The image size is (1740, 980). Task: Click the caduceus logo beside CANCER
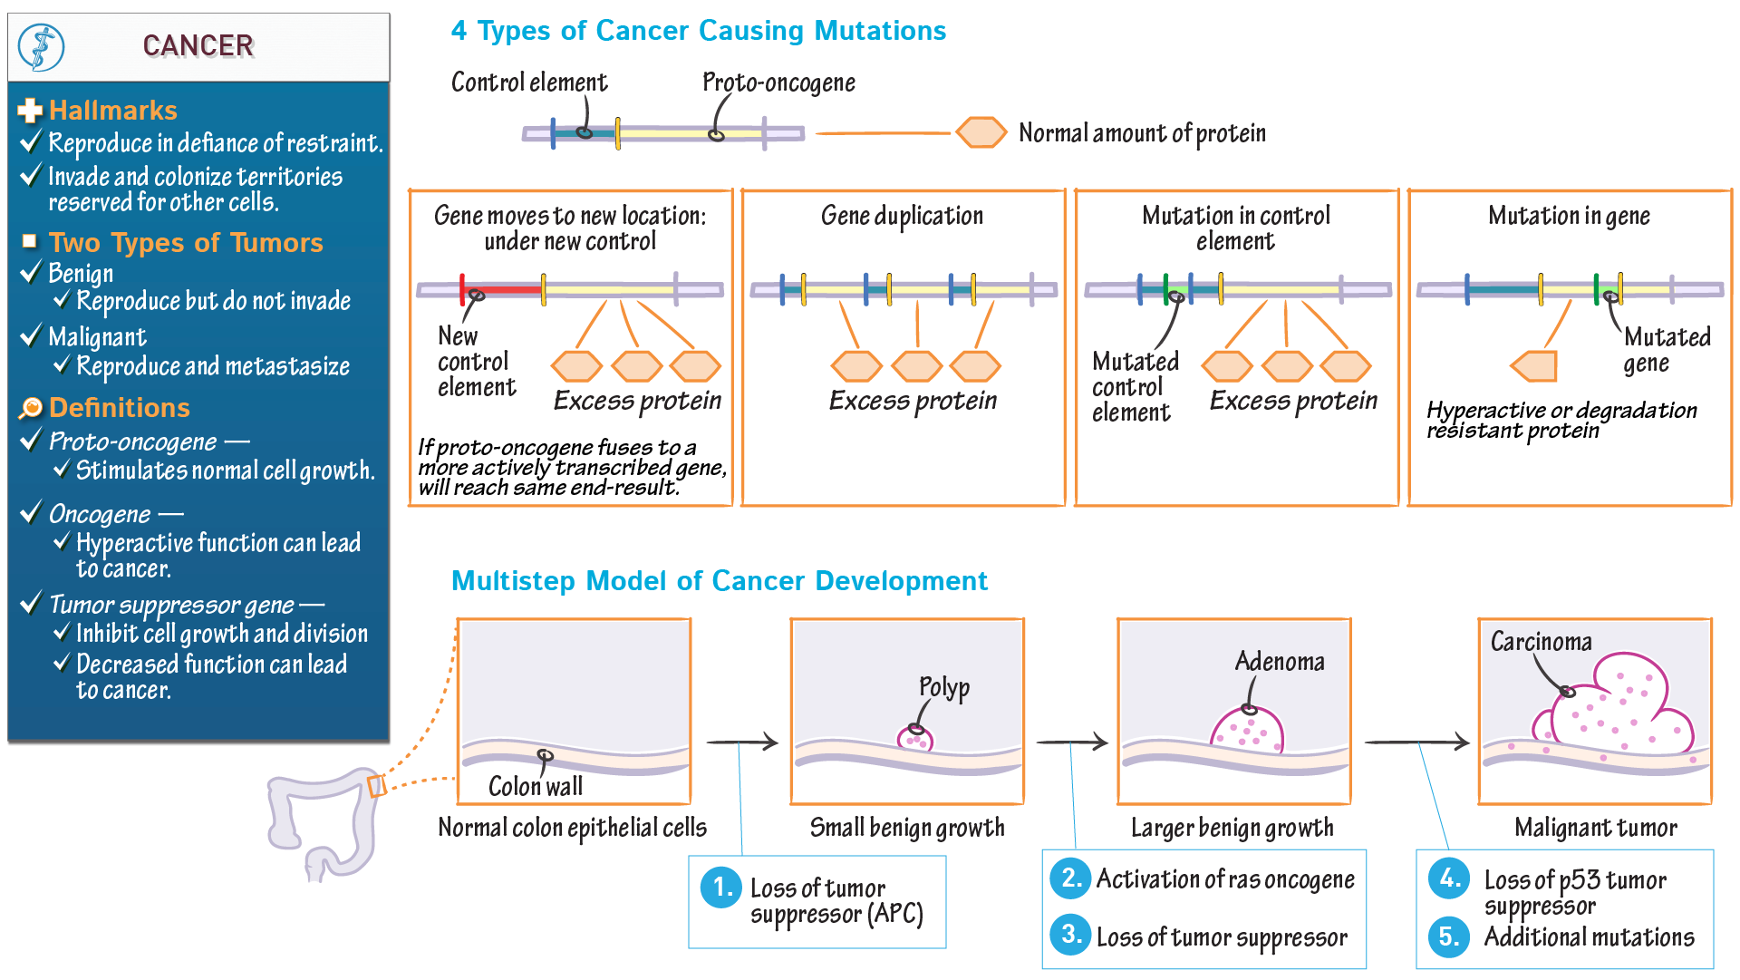42,47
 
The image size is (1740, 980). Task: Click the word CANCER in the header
198,45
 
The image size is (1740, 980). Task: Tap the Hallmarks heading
112,111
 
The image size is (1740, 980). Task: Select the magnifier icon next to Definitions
31,408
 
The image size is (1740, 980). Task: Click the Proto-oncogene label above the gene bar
778,82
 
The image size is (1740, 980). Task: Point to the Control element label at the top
529,82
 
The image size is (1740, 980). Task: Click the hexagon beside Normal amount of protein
981,132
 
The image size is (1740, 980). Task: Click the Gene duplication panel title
902,216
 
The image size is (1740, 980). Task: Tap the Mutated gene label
1666,350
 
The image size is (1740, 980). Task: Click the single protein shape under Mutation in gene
1534,366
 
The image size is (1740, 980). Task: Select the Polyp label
944,687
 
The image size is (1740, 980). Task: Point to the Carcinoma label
1541,642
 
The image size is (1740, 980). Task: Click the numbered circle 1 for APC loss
721,887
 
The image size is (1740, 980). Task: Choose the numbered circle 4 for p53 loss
1448,878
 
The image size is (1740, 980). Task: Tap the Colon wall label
535,786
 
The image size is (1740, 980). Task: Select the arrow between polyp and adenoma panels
1071,742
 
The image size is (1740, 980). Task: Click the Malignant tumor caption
1595,828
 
